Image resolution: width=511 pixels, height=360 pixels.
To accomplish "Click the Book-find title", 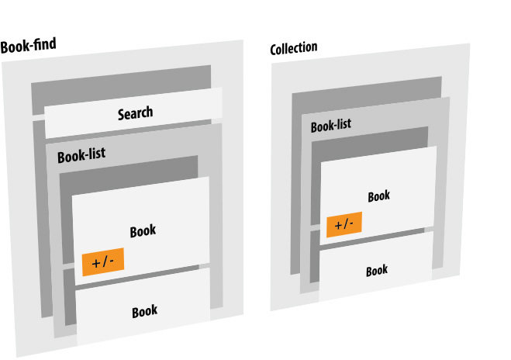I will (28, 46).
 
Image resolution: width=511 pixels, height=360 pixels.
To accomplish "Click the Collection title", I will (294, 49).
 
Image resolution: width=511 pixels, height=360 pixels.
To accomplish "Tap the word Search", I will (135, 114).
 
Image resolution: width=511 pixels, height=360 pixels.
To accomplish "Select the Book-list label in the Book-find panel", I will (81, 156).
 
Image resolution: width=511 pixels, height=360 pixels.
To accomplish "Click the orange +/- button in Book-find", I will (102, 262).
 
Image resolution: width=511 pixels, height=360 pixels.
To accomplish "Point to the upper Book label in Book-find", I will (143, 230).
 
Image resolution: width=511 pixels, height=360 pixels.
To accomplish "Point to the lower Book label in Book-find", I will (144, 311).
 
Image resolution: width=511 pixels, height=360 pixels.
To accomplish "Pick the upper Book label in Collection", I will (378, 196).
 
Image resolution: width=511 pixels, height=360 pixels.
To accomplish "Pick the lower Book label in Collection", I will (377, 271).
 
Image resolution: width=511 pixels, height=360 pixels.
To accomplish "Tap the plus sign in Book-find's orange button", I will (95, 262).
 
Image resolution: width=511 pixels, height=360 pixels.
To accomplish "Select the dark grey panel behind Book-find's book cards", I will (128, 166).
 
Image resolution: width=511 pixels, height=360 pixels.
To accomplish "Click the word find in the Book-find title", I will (43, 45).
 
